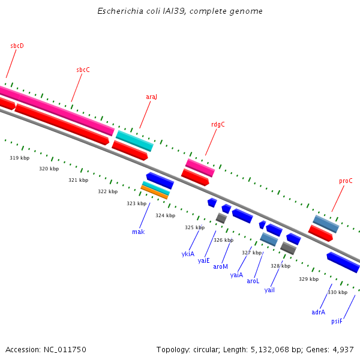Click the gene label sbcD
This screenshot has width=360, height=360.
(17, 46)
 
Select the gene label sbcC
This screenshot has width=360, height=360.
(83, 70)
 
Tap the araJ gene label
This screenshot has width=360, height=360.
(151, 97)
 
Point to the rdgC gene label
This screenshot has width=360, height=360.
(218, 125)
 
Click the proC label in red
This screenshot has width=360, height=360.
(346, 181)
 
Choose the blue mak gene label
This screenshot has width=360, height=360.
(138, 232)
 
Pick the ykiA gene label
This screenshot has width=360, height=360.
(188, 254)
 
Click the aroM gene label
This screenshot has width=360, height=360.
(220, 266)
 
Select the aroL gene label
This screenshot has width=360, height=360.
(253, 281)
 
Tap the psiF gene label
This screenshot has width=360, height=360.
(337, 321)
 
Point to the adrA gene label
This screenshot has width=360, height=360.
(318, 312)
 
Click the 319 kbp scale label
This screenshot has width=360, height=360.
(19, 158)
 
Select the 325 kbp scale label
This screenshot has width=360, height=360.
(194, 227)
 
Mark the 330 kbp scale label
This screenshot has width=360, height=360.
(337, 292)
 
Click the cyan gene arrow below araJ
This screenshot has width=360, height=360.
(134, 141)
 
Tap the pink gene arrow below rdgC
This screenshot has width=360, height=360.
(200, 168)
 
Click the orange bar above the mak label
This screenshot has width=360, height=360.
(154, 193)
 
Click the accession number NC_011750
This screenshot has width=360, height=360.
(64, 349)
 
